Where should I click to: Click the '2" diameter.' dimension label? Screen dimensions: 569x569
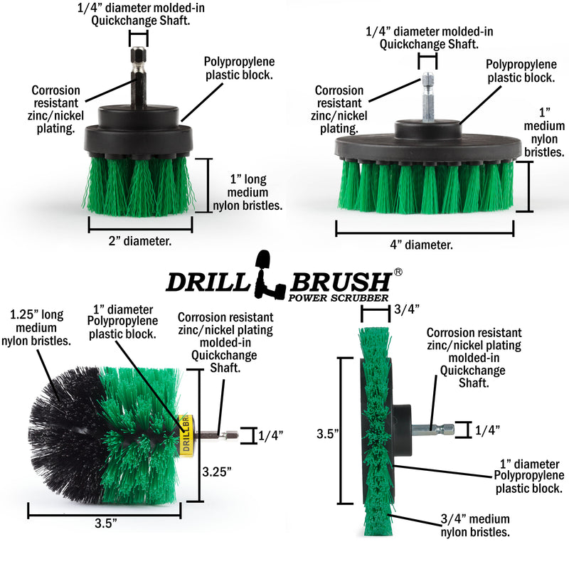142,240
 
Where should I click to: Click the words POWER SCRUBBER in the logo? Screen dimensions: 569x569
338,297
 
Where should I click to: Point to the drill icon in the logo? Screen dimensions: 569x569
266,277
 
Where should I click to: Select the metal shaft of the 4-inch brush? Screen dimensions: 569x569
427,96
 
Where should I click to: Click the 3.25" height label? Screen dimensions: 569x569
216,470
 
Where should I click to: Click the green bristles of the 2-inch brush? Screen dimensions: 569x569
139,183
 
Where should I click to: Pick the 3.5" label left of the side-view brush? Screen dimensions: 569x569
329,431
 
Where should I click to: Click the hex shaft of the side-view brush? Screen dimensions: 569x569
438,428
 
